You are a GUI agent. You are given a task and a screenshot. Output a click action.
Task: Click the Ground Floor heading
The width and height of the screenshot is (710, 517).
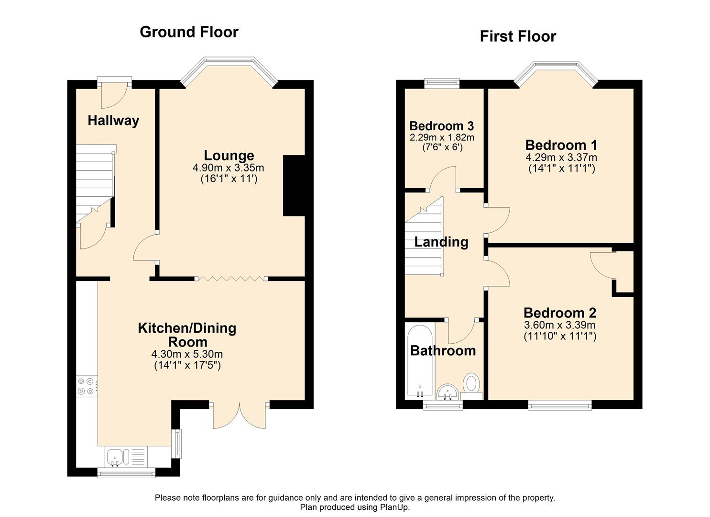coord(189,32)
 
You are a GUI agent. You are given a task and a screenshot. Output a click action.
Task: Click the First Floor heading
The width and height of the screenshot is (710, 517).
coord(518,36)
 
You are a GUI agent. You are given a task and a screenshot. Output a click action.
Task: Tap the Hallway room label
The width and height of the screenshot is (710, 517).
coord(113,120)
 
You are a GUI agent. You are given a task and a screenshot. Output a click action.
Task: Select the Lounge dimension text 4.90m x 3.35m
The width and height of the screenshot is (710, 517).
coord(229,168)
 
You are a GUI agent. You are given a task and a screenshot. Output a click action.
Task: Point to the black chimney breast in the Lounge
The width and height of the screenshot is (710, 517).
coord(294,185)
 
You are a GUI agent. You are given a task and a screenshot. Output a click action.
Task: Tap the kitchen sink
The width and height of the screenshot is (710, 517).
coord(116,457)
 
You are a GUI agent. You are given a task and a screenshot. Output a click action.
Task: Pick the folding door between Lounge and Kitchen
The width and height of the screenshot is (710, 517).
coord(231,278)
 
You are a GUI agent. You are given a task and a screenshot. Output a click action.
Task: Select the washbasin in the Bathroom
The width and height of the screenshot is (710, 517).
coord(448,392)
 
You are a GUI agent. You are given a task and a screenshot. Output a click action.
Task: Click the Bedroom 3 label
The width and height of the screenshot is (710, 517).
coord(441,126)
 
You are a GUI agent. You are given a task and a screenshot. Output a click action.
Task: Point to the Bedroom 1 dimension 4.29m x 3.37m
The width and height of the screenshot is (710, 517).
coord(561,157)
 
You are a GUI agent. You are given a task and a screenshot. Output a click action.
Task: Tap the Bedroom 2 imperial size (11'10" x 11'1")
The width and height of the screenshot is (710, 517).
coord(560,336)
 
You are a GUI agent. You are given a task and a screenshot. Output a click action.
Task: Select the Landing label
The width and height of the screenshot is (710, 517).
coord(441,242)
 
